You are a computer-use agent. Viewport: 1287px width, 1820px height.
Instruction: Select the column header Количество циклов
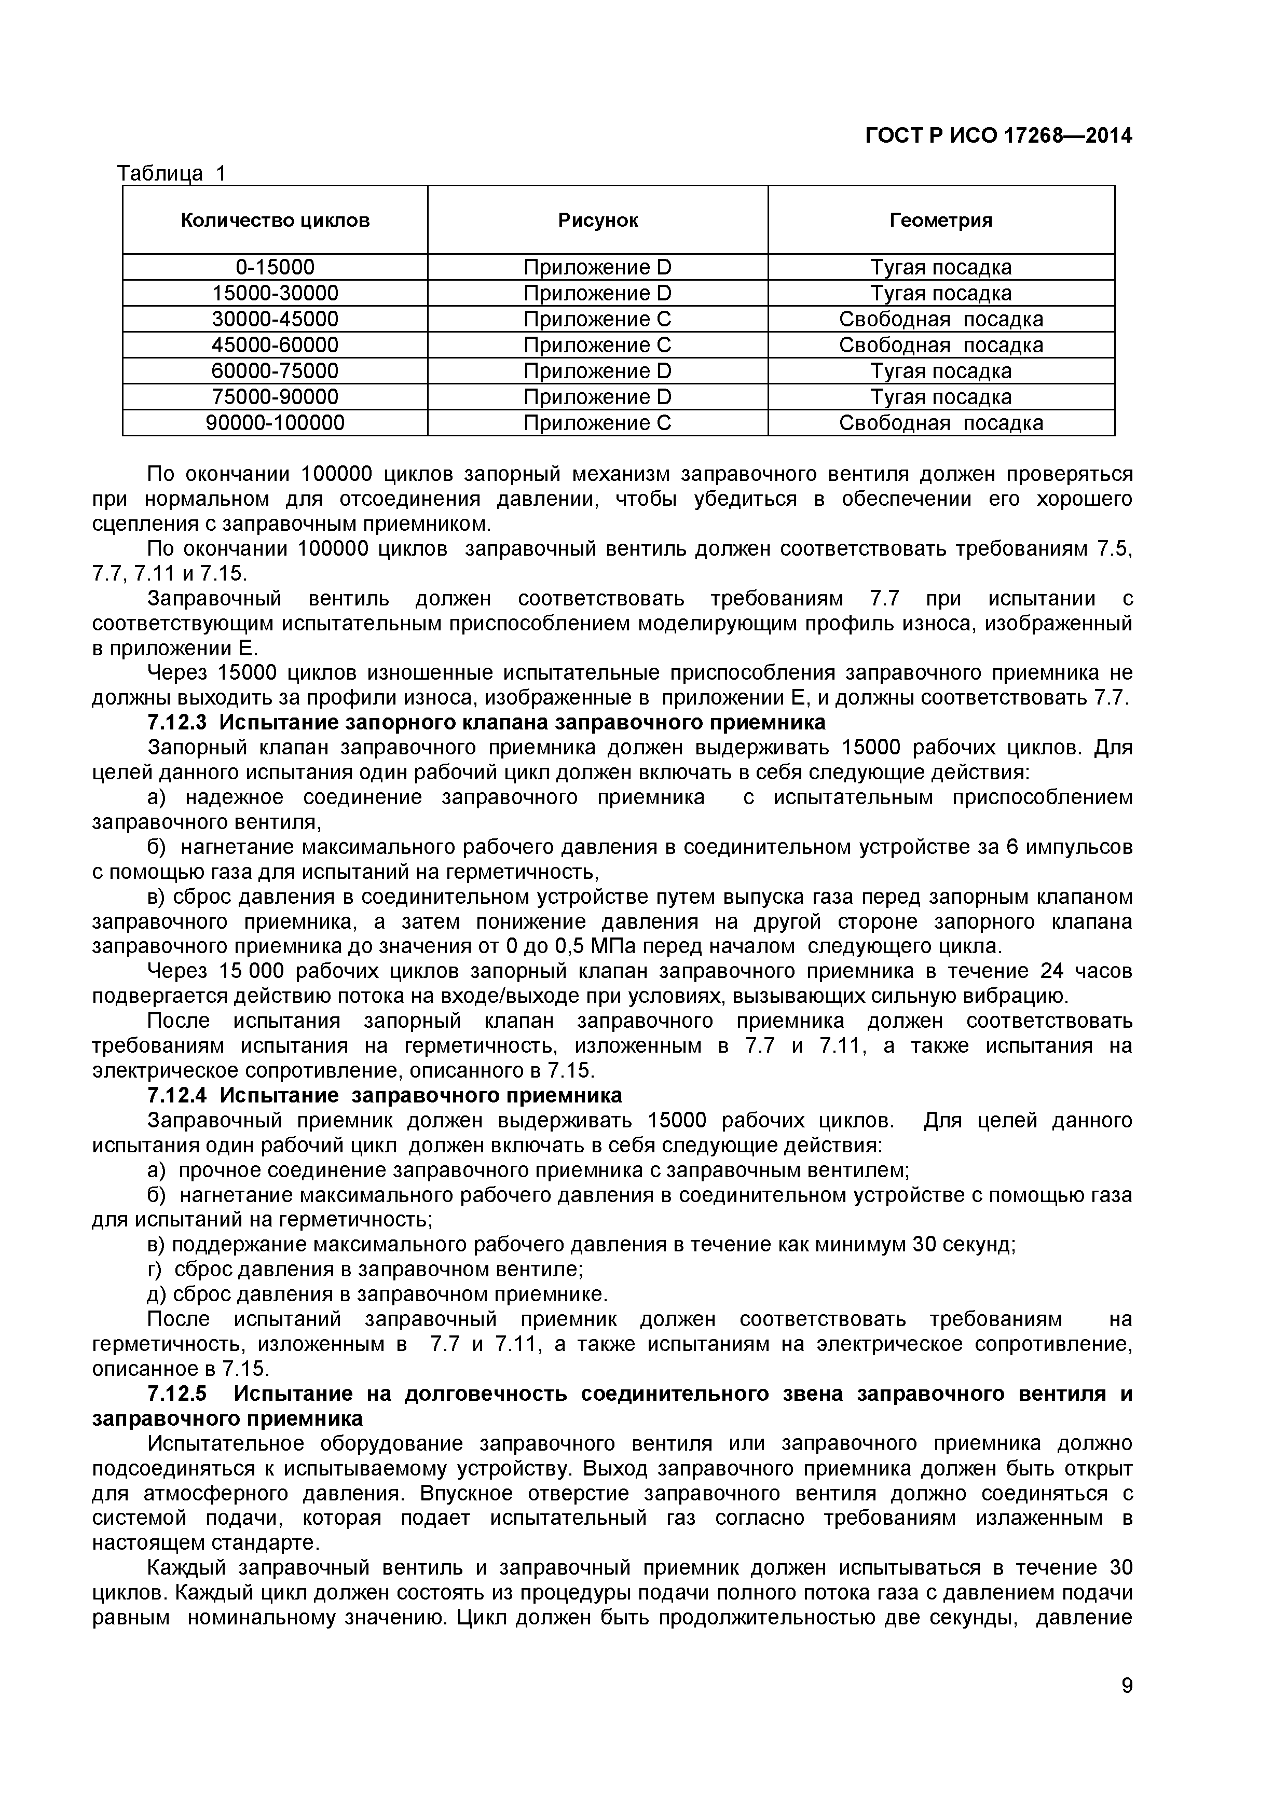coord(275,220)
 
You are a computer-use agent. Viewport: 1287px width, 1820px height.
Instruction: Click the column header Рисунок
coord(597,220)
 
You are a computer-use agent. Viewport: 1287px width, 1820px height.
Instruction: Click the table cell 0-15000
coord(275,267)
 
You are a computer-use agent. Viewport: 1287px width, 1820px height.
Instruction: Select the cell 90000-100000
coord(275,423)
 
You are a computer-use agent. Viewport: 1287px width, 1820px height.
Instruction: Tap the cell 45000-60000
coord(275,346)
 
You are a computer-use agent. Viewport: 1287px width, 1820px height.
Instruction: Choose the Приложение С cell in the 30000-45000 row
coord(597,320)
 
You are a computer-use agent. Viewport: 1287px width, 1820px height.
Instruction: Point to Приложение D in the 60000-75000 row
coord(597,371)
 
